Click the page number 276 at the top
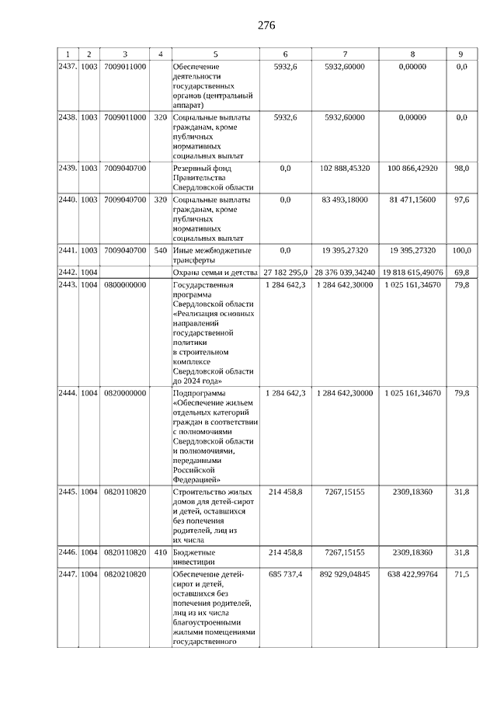266,25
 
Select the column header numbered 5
216,54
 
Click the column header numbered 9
461,54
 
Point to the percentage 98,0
461,168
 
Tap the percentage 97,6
461,200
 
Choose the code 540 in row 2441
160,250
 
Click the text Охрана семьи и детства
214,273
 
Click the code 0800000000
124,285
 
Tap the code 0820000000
124,393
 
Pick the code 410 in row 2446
160,552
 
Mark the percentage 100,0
461,250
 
